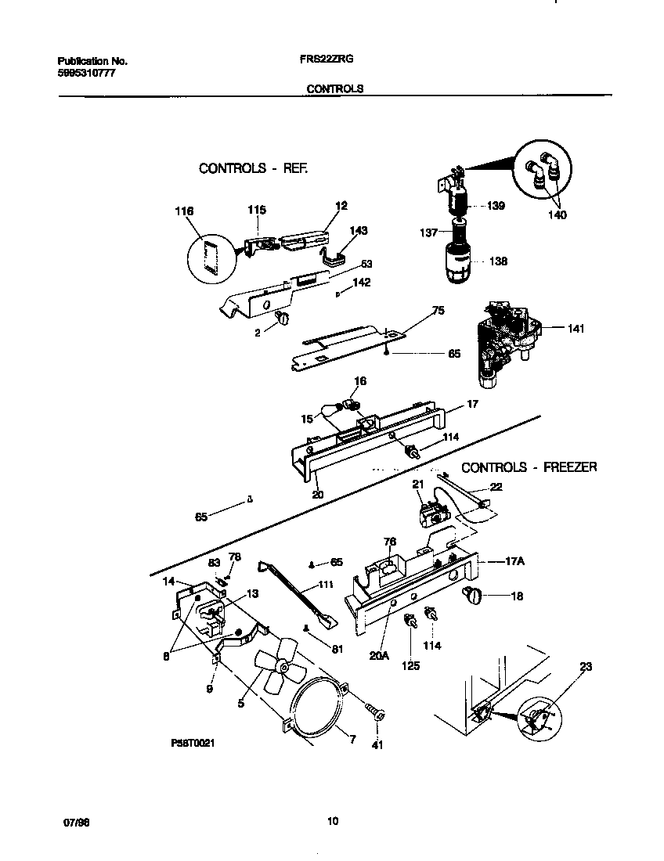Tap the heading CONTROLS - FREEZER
coord(529,467)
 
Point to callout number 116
coord(184,211)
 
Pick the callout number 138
coord(499,261)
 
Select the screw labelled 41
coord(378,713)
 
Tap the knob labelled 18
coord(474,596)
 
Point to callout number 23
coord(586,667)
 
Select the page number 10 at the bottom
coord(333,821)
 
